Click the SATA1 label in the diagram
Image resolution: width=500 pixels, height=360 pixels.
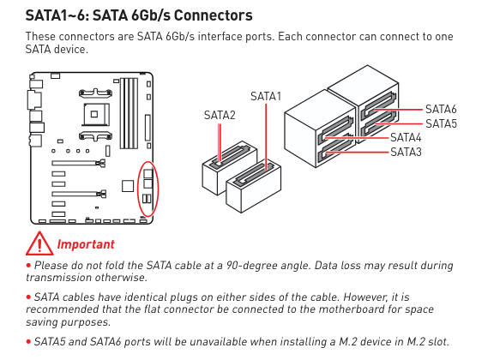(266, 96)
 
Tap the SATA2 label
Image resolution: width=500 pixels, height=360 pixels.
(220, 115)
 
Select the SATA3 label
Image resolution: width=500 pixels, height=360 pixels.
(406, 152)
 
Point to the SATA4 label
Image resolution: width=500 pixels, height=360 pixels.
(406, 138)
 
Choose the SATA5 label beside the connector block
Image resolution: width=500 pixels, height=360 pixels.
(441, 123)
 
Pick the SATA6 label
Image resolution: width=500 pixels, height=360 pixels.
(441, 109)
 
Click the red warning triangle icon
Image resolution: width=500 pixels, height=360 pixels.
(39, 243)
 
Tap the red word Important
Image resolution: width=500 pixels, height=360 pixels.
(86, 244)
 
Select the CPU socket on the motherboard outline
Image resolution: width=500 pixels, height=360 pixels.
(94, 114)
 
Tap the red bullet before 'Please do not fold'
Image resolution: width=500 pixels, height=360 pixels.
(28, 265)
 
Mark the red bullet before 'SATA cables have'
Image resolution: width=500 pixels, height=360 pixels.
(28, 297)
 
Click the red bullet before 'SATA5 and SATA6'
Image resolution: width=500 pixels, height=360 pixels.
(28, 342)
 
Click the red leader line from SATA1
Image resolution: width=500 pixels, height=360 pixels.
(266, 136)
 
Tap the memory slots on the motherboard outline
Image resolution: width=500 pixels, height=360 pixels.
(129, 113)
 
